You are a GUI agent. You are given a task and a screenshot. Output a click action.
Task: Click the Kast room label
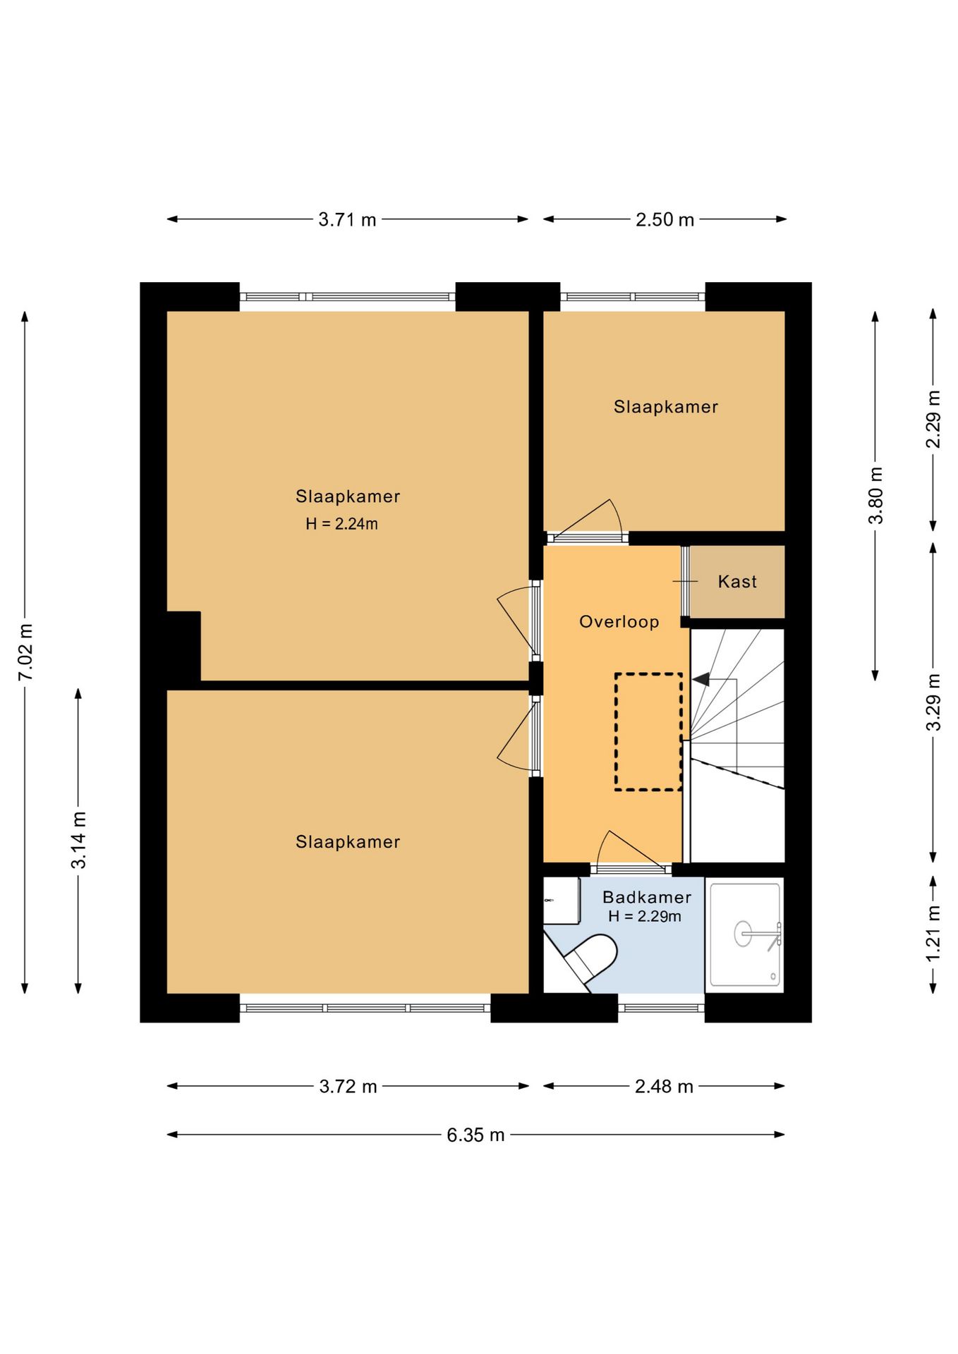click(737, 582)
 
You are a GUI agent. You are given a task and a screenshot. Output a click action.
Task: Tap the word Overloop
click(619, 622)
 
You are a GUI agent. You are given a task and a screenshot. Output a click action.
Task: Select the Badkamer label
click(647, 897)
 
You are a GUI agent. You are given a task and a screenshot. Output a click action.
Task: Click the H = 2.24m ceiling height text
click(341, 524)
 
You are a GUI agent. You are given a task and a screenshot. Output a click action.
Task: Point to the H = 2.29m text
click(645, 916)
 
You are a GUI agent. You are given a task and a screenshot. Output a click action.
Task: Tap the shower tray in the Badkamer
click(745, 934)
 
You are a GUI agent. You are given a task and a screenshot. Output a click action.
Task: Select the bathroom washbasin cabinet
click(562, 901)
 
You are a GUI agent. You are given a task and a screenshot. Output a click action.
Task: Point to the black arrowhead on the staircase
click(701, 679)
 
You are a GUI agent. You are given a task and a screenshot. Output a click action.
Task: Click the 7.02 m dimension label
click(25, 652)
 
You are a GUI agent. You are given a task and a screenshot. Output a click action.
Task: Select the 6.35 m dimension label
click(475, 1135)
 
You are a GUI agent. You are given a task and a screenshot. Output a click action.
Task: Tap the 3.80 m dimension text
click(875, 495)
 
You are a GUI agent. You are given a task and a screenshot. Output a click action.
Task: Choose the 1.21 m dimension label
click(933, 933)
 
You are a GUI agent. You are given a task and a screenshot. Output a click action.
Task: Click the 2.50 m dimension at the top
click(665, 219)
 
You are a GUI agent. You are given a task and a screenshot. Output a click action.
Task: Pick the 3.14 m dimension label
click(78, 840)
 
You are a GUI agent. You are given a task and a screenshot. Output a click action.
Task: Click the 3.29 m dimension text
click(933, 702)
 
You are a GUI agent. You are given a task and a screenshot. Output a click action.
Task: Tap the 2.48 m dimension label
click(664, 1086)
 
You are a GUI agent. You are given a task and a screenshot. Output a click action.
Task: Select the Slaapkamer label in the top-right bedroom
click(666, 407)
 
